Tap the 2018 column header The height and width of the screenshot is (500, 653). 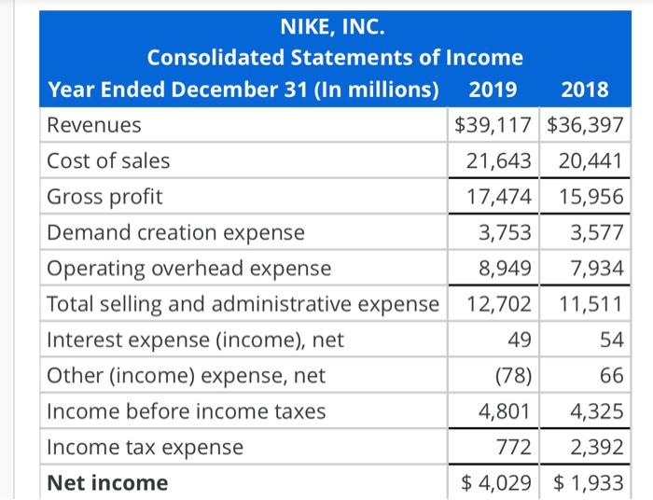click(585, 90)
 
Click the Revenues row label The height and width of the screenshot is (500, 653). click(94, 125)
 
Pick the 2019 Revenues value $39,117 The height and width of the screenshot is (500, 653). click(493, 125)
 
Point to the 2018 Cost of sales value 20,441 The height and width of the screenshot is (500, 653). click(585, 161)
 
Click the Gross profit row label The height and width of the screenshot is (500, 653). click(104, 197)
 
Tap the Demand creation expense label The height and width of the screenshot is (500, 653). click(175, 232)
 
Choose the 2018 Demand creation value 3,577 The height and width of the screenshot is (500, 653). click(594, 232)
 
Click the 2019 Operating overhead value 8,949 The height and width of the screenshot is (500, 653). click(505, 269)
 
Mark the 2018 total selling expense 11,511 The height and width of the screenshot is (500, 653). click(585, 304)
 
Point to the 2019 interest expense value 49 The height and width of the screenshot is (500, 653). click(521, 340)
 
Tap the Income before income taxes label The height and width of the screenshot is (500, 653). click(187, 411)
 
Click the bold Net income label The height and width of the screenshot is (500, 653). click(107, 483)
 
